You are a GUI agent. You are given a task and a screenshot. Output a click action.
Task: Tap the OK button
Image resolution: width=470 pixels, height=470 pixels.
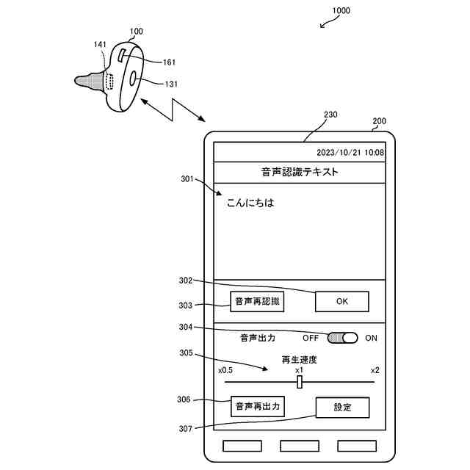(x=341, y=302)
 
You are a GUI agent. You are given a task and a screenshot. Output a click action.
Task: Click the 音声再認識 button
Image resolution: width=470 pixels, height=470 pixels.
(x=257, y=302)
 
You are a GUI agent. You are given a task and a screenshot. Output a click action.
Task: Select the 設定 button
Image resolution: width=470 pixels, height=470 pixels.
(x=342, y=408)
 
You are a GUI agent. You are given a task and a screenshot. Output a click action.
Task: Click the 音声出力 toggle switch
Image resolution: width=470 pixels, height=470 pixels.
(x=342, y=338)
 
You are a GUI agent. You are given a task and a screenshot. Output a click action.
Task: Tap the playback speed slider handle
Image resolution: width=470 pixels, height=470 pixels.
(x=300, y=382)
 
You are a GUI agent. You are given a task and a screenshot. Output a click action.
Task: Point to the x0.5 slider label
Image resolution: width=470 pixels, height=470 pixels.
(x=225, y=370)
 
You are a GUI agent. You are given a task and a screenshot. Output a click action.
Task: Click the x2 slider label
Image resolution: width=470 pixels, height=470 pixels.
(x=375, y=370)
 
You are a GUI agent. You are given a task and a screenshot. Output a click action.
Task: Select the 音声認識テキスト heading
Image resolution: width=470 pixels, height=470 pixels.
(x=300, y=172)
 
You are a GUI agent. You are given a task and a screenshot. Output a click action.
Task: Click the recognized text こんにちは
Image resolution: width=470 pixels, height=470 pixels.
(x=250, y=203)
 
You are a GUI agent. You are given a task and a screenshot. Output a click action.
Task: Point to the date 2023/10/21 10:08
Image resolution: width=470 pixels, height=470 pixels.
(x=350, y=153)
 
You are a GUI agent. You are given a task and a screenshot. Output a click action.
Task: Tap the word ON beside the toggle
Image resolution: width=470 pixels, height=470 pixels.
(x=371, y=339)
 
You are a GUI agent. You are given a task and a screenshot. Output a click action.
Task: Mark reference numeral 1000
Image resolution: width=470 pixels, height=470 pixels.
(x=341, y=11)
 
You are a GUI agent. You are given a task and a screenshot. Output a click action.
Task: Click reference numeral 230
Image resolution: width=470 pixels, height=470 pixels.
(x=330, y=115)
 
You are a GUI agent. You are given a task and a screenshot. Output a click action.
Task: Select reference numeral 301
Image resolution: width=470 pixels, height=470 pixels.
(x=187, y=178)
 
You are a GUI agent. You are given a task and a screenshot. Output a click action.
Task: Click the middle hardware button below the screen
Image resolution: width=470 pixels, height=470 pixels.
(x=300, y=446)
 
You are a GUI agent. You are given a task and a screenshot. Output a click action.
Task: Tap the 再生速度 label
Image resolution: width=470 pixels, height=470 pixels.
(x=300, y=360)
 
